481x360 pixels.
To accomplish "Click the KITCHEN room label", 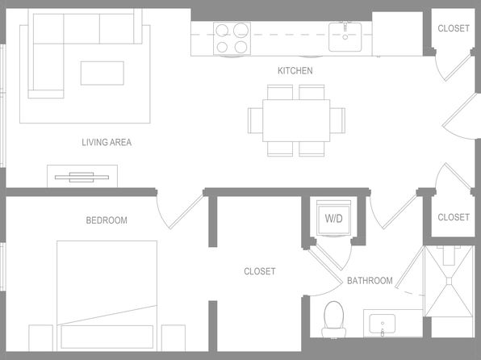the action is (295, 70).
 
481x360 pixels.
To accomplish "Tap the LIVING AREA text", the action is (107, 142).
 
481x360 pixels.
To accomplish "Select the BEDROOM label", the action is (107, 220).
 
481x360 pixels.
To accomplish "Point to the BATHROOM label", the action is (370, 281).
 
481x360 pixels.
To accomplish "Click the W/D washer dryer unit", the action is (334, 218).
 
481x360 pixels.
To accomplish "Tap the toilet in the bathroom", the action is (334, 320).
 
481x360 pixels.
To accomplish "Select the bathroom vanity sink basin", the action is (383, 324).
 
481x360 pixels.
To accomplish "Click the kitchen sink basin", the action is (345, 37).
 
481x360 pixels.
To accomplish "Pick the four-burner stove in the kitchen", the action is (232, 39).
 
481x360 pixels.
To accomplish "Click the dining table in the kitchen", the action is (296, 120).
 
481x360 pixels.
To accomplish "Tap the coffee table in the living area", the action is (102, 73).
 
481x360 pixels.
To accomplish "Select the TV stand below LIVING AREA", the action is (82, 176).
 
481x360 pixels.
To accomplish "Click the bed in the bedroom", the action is (107, 296).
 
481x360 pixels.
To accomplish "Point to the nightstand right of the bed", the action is (174, 338).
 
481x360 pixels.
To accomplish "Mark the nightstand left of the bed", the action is (41, 338).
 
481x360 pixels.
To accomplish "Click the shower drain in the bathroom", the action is (449, 281).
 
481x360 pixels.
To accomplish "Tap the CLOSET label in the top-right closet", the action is (454, 28).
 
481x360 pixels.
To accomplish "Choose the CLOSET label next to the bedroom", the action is (260, 271).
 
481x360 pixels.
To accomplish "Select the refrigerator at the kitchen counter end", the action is (398, 34).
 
